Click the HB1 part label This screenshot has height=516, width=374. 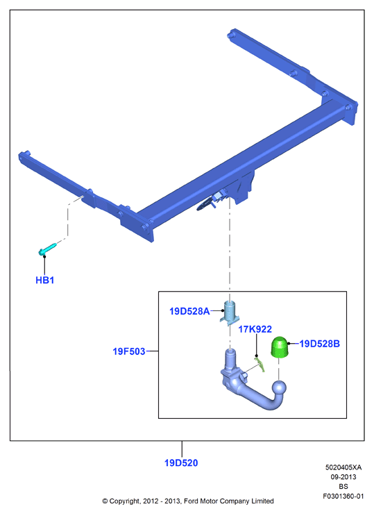tap(44, 280)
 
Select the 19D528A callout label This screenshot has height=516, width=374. tap(189, 311)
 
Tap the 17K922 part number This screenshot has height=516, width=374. tap(255, 329)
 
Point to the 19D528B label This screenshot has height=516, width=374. tap(319, 344)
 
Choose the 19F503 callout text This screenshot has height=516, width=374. tap(129, 351)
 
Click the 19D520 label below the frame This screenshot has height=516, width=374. tap(181, 463)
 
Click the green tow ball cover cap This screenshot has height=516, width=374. tap(280, 347)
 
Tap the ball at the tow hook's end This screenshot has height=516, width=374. tap(280, 390)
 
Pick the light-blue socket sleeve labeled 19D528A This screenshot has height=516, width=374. tap(229, 313)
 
